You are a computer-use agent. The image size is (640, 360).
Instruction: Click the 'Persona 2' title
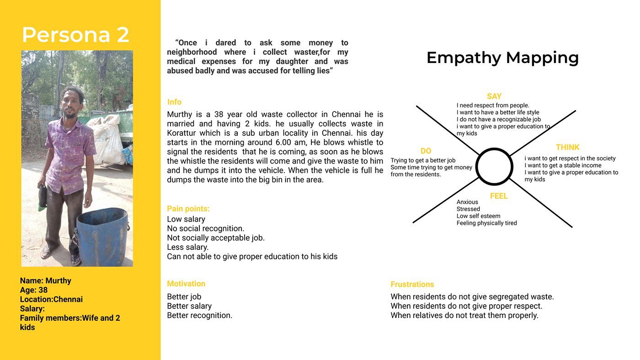(x=75, y=35)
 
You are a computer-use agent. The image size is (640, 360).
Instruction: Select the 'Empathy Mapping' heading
(x=502, y=58)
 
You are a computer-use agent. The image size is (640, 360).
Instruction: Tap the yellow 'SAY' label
(x=494, y=96)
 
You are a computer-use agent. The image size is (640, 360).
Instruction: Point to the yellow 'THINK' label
(x=567, y=147)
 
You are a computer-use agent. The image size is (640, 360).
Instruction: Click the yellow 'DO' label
(x=426, y=151)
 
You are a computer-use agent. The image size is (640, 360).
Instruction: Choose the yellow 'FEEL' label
(x=499, y=196)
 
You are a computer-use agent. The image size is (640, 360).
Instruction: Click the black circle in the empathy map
(x=494, y=167)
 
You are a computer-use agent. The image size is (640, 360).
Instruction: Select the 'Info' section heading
(x=174, y=102)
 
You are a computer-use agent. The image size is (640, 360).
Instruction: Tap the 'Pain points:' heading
(x=188, y=209)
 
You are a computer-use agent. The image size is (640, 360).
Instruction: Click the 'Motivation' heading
(x=186, y=284)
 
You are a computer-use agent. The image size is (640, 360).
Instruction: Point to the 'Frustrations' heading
(x=412, y=284)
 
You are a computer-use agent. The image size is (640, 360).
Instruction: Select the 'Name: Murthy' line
(x=46, y=281)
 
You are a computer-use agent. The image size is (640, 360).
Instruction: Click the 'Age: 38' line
(x=34, y=290)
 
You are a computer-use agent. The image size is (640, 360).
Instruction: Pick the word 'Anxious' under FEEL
(x=467, y=202)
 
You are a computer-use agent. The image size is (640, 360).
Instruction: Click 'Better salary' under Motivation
(x=189, y=306)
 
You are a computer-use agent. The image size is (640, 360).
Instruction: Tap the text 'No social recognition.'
(x=206, y=228)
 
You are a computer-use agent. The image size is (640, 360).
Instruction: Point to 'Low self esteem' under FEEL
(x=478, y=216)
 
